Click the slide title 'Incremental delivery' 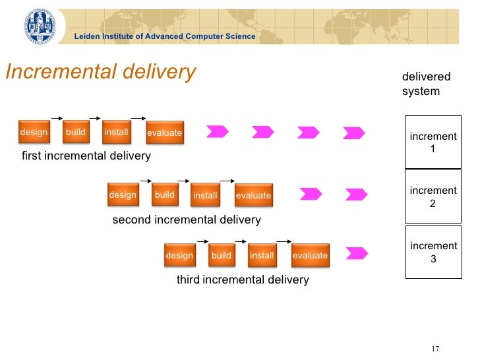click(x=101, y=72)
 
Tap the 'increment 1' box click(x=433, y=142)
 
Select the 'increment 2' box click(x=433, y=196)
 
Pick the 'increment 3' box click(x=433, y=252)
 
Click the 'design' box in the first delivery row click(x=34, y=133)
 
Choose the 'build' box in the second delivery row click(x=164, y=195)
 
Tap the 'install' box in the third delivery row click(x=262, y=255)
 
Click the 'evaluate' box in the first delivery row click(x=164, y=133)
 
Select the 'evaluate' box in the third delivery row click(x=310, y=255)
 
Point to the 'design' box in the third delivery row click(x=179, y=255)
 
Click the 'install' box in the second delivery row click(x=205, y=195)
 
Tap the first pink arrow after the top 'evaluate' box click(x=218, y=131)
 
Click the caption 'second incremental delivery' click(x=187, y=220)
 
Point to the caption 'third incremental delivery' click(x=243, y=280)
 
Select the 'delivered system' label click(x=426, y=84)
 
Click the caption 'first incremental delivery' click(x=86, y=156)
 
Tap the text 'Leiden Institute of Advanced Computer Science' click(x=164, y=36)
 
